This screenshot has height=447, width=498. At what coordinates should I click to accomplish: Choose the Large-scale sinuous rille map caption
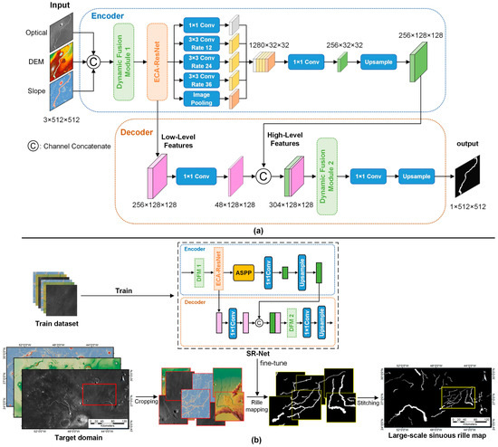click(x=432, y=424)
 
